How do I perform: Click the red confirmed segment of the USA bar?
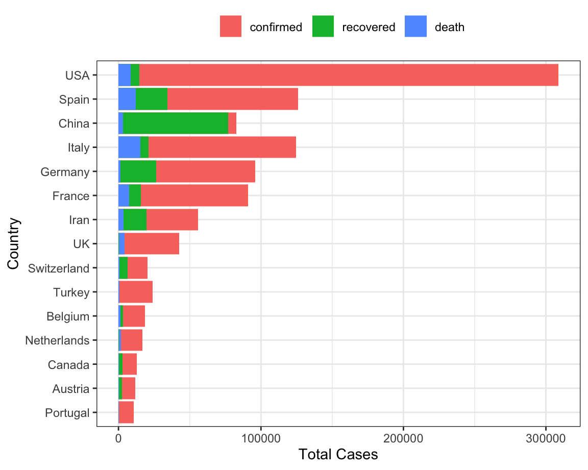pos(349,75)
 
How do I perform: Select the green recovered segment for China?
pos(176,123)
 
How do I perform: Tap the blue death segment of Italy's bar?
pos(129,147)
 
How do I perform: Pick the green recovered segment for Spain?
pos(152,99)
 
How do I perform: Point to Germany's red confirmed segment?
pos(205,171)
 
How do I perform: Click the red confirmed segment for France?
pos(194,196)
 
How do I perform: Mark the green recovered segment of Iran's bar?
pos(135,220)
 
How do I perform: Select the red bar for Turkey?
pos(136,292)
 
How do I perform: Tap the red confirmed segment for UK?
pos(152,244)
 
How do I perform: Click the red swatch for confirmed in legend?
pos(231,27)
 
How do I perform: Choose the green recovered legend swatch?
pos(323,27)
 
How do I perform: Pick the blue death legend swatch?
pos(415,27)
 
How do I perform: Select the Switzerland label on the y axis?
pos(59,268)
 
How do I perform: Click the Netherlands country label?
pos(57,340)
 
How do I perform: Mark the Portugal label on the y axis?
pos(67,413)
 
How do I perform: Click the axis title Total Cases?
pos(338,455)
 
